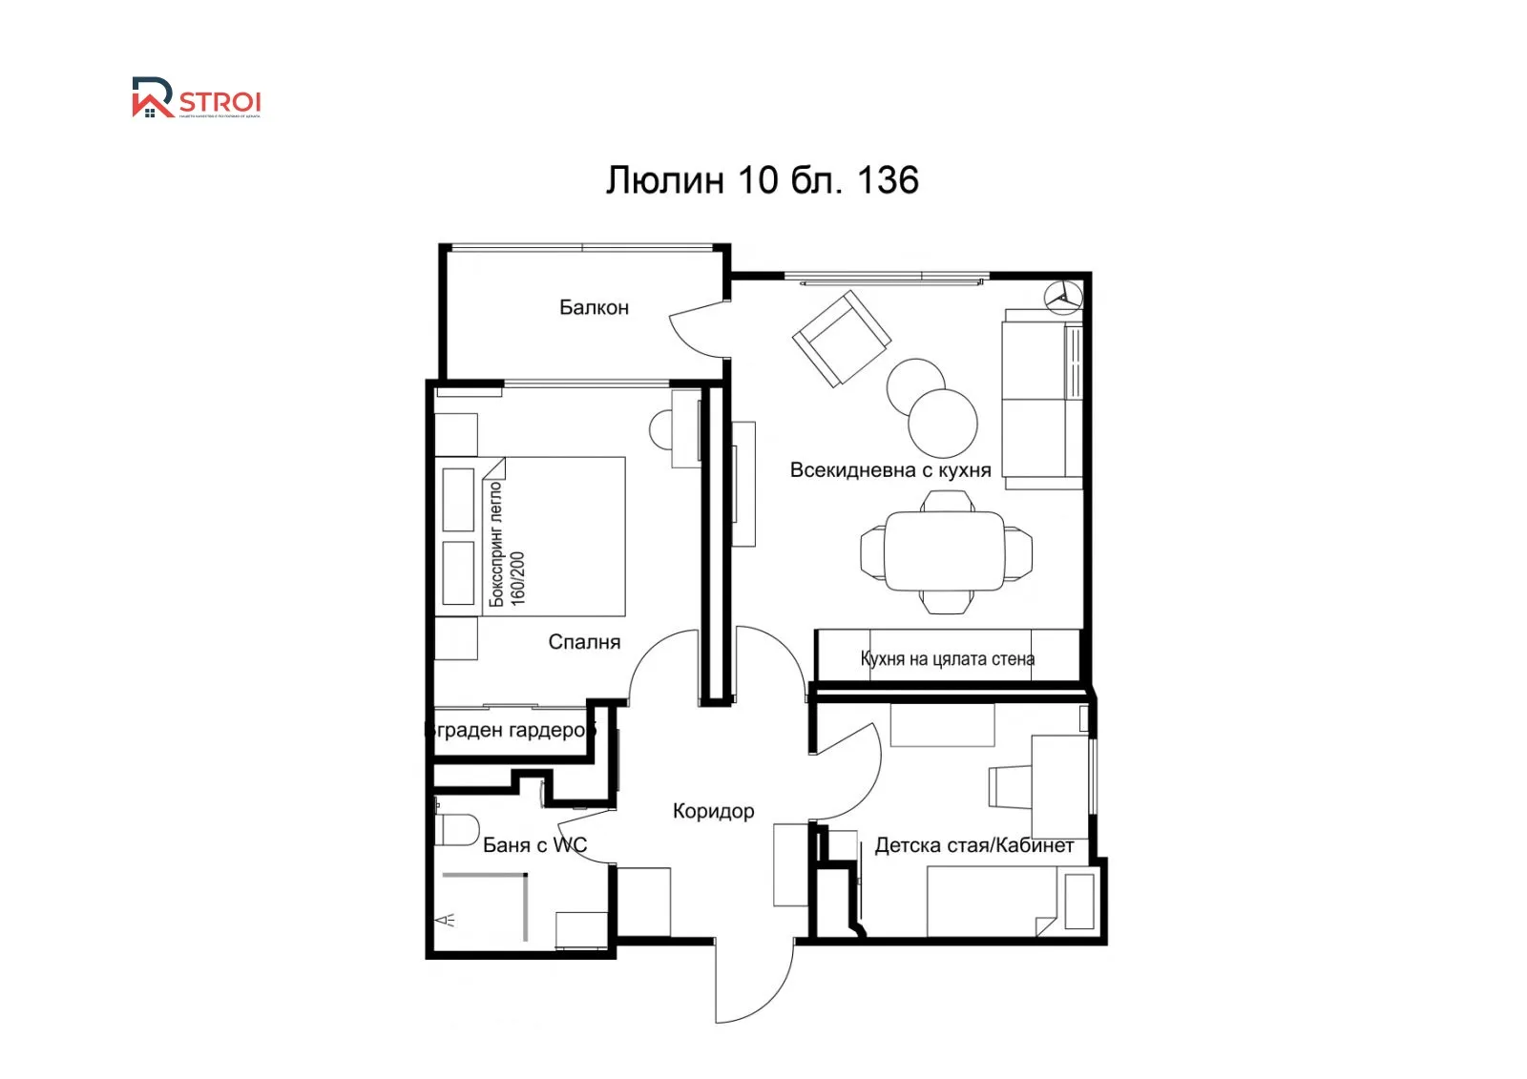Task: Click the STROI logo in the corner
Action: pos(196,98)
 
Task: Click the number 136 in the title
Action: pos(888,180)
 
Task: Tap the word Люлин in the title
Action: pos(665,180)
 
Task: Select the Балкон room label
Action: pos(594,307)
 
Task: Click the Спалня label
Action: pos(584,642)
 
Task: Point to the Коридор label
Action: pos(713,811)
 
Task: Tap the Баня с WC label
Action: pos(534,845)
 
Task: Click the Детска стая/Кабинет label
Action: pos(973,845)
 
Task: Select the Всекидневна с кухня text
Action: pos(889,470)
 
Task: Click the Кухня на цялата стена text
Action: pos(947,658)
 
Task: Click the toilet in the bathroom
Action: pos(457,829)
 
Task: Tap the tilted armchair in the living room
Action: pos(842,338)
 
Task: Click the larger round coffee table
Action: pos(943,423)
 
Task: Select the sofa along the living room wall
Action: pos(1042,399)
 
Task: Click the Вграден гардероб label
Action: pos(510,731)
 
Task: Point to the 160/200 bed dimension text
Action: pos(518,578)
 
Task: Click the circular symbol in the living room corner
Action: pos(1062,297)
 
